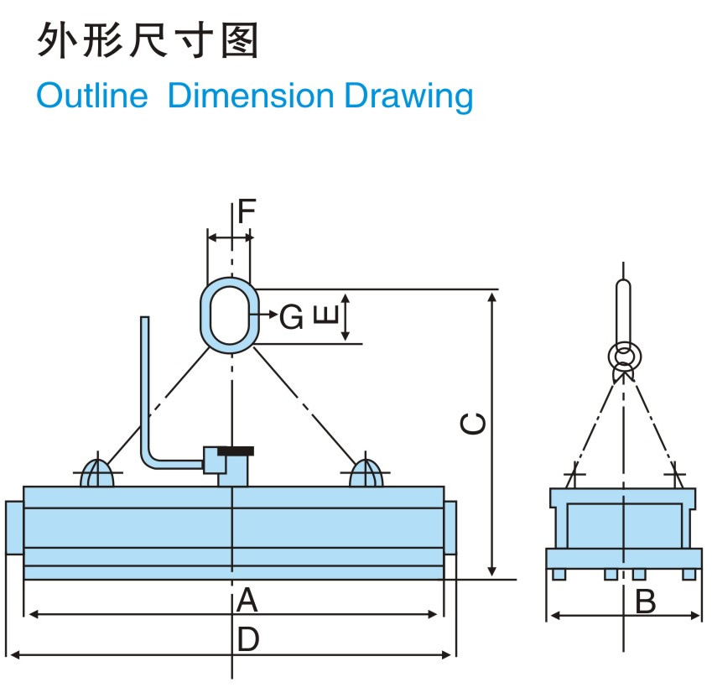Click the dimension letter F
[245, 211]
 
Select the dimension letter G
[291, 316]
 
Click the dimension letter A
[246, 600]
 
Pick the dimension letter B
[645, 602]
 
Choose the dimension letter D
[247, 640]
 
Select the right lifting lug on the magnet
[366, 473]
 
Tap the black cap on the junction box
[235, 451]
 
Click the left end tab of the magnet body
[14, 528]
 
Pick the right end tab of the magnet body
[450, 528]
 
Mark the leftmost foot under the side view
[558, 575]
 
